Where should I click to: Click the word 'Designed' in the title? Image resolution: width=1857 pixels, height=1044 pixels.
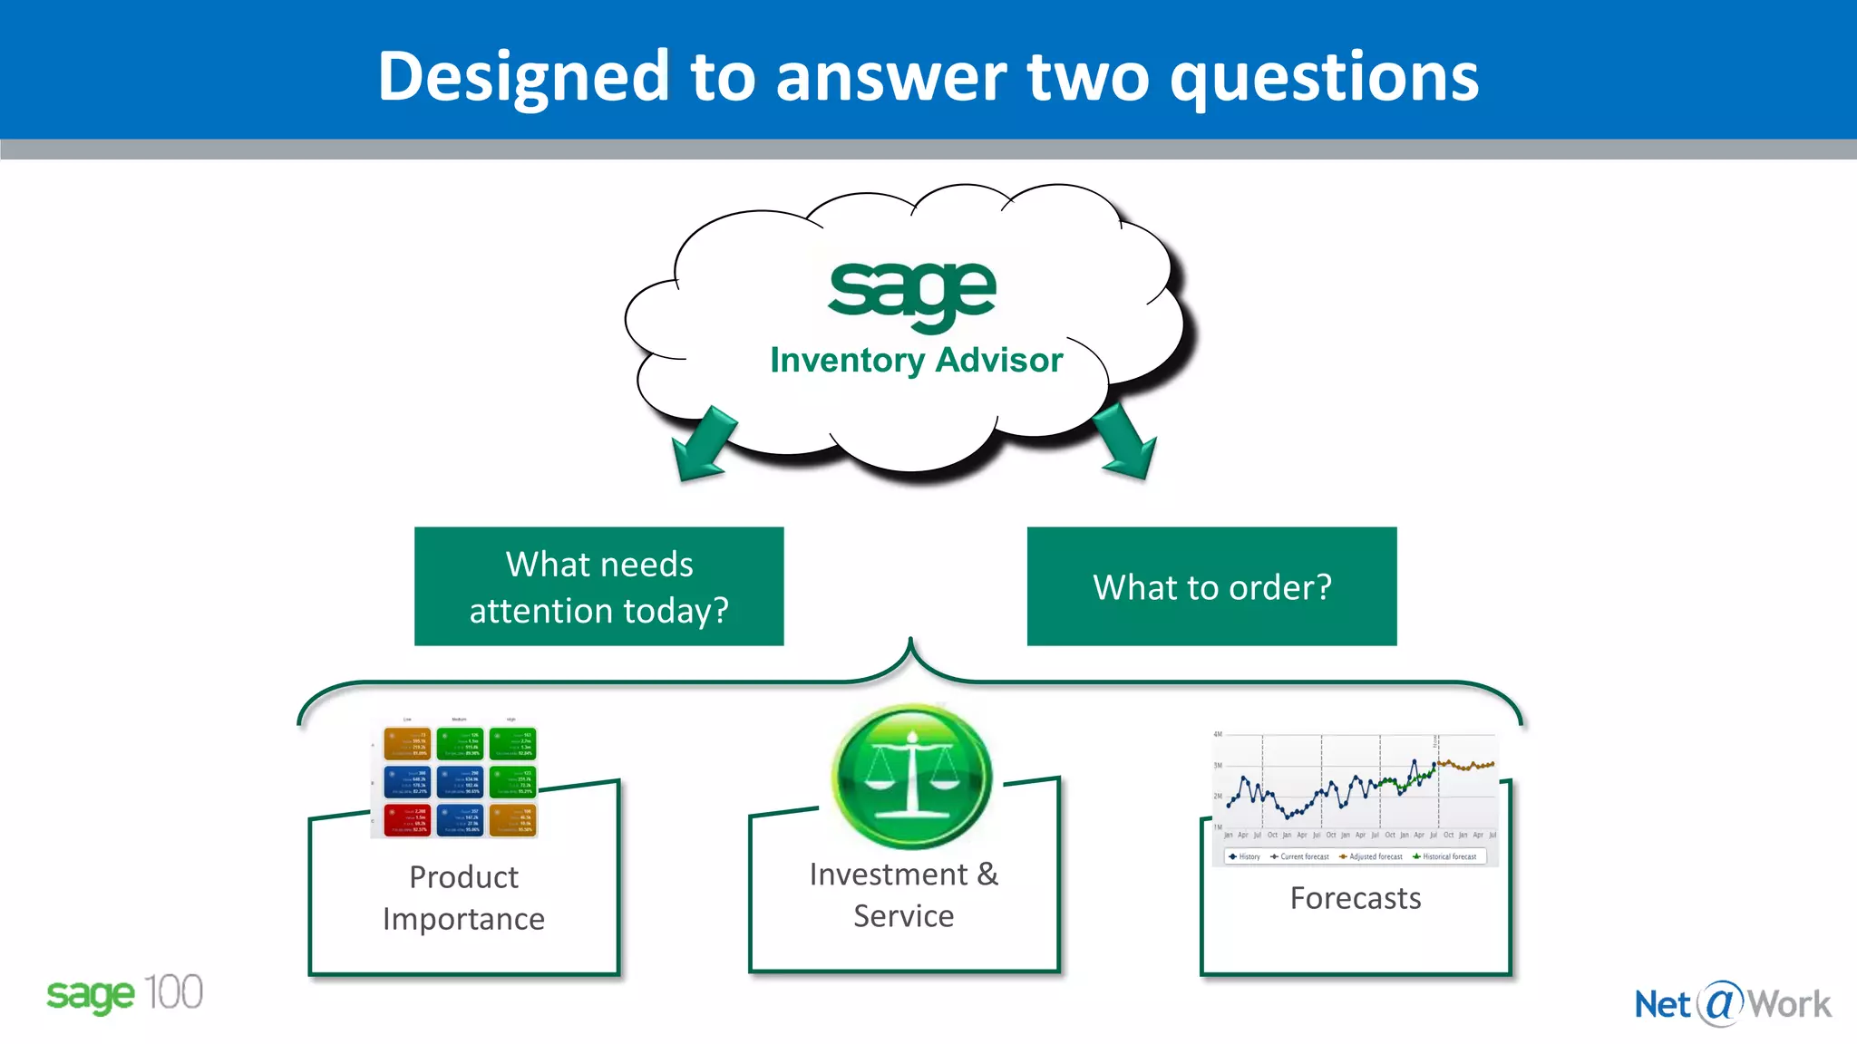(x=522, y=77)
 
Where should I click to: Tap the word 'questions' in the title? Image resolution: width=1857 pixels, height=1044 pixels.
(x=1324, y=77)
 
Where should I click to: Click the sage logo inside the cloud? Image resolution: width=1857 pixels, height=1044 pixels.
(x=912, y=292)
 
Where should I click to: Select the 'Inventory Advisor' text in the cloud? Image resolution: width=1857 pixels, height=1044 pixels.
(x=916, y=360)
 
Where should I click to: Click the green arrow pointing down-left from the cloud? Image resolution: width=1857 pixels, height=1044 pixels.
(x=703, y=444)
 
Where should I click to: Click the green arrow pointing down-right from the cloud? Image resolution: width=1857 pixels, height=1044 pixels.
(x=1126, y=442)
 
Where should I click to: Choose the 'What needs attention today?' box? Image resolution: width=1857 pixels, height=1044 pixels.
(x=598, y=586)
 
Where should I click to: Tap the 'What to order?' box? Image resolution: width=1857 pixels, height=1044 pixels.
(x=1211, y=586)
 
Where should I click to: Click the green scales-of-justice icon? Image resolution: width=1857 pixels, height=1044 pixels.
(x=911, y=777)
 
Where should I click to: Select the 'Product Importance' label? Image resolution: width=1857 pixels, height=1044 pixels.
(x=463, y=897)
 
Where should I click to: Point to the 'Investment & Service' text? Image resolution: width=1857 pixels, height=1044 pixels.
(x=903, y=894)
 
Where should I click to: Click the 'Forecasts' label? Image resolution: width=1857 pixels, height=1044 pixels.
(x=1355, y=898)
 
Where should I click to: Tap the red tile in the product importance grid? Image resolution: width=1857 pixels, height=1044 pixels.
(x=407, y=820)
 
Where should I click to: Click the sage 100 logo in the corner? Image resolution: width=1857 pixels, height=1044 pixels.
(x=124, y=994)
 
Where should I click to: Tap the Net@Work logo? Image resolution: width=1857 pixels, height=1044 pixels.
(x=1732, y=1004)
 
